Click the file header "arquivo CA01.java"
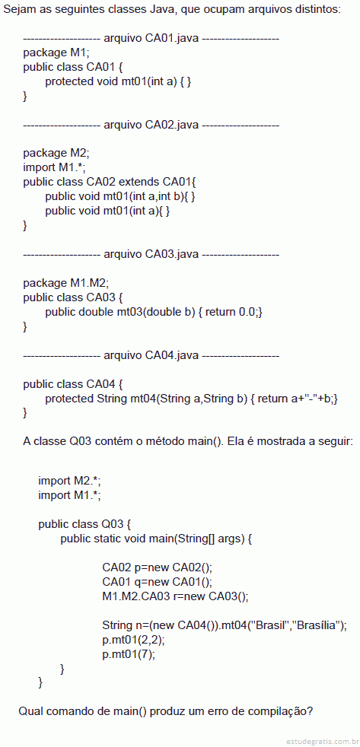coord(151,39)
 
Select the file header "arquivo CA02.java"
coord(151,125)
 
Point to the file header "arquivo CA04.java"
coord(151,355)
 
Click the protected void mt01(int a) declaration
coord(118,81)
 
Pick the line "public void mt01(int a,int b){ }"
coord(120,196)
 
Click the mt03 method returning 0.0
coord(154,312)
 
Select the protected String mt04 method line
coord(192,399)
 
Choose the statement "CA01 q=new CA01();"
coord(158,582)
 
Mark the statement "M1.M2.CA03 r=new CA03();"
coord(176,596)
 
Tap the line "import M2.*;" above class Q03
coord(69,481)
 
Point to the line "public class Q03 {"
coord(84,525)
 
